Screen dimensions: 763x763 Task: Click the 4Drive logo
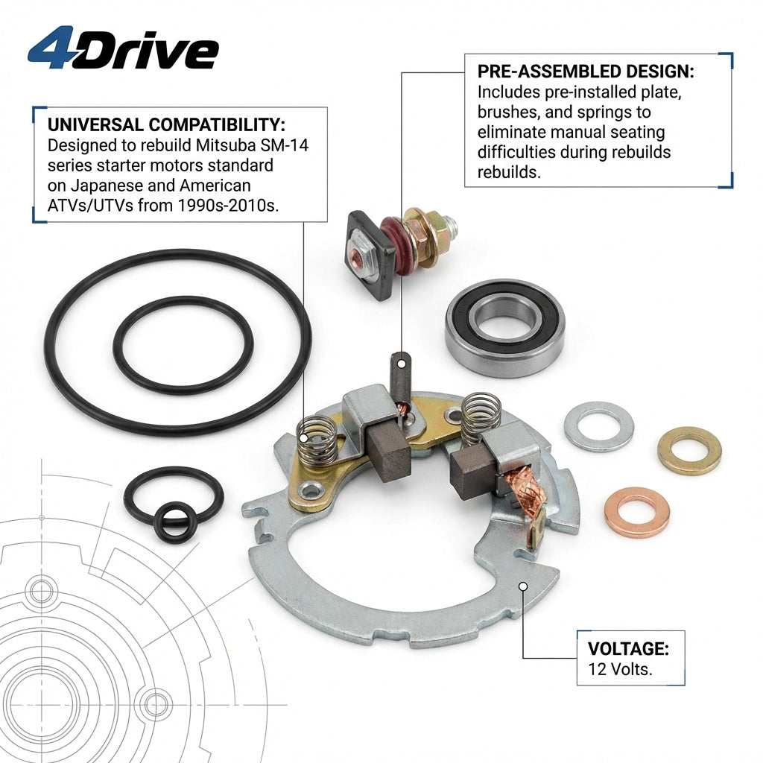[123, 48]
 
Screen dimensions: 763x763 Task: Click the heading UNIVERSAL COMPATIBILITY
[166, 124]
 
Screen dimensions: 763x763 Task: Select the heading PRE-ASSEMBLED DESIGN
[586, 72]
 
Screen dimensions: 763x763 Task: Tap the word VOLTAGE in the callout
[628, 649]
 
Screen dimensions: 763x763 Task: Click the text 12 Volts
[620, 670]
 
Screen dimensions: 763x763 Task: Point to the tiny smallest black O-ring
[175, 523]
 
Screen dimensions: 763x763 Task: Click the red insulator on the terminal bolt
[393, 246]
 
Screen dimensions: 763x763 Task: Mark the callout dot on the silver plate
[523, 586]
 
